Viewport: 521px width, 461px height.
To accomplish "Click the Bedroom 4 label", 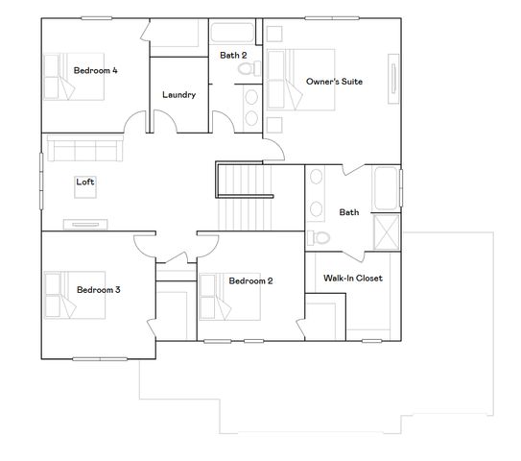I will tap(95, 70).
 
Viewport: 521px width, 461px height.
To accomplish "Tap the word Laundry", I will tap(179, 94).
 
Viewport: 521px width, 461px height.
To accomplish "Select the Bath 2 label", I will tap(233, 56).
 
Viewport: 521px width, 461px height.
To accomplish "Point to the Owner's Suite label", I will tap(334, 82).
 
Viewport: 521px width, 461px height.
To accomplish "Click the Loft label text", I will tap(85, 181).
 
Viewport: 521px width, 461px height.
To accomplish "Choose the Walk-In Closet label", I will tap(352, 279).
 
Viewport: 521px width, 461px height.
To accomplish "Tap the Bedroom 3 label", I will tap(98, 289).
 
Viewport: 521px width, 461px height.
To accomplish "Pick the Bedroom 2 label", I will tap(250, 280).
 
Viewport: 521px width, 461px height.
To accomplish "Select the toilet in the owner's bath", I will tap(321, 237).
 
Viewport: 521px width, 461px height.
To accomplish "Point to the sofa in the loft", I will tap(83, 149).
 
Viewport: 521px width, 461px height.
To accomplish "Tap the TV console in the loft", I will tap(85, 226).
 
